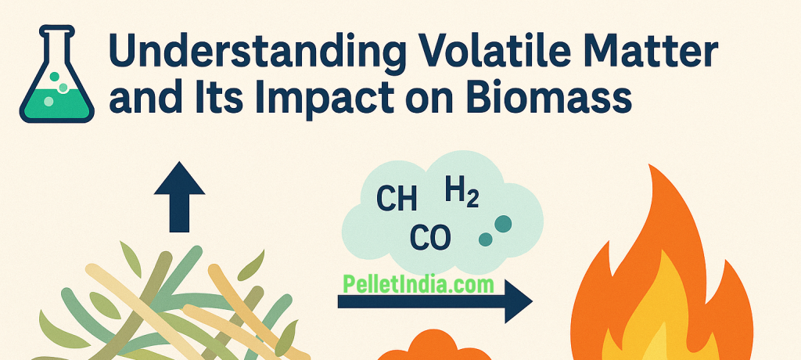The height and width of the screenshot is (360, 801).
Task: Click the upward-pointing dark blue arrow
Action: pyautogui.click(x=179, y=196)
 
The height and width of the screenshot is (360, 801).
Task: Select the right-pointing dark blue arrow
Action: pyautogui.click(x=435, y=301)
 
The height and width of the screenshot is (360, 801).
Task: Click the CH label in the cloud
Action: pyautogui.click(x=397, y=200)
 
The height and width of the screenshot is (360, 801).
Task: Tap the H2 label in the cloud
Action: pyautogui.click(x=462, y=193)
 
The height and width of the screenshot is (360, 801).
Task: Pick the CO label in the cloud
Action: pyautogui.click(x=430, y=238)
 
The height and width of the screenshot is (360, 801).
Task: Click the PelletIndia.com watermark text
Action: pyautogui.click(x=418, y=284)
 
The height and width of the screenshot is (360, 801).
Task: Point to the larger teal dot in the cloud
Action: pyautogui.click(x=503, y=224)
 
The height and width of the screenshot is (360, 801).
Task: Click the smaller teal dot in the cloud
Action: pyautogui.click(x=485, y=239)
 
